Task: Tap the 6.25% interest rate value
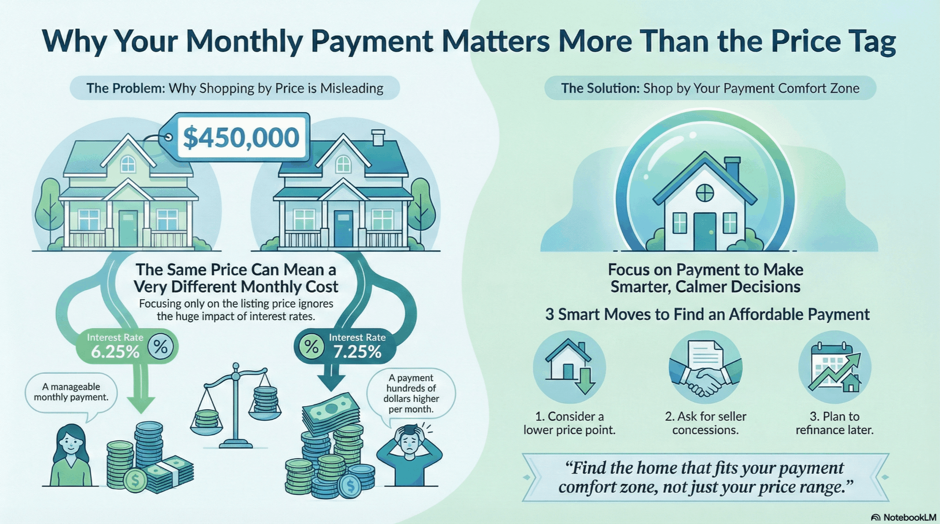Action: coord(115,352)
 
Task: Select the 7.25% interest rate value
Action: coord(357,352)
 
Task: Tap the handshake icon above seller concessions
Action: coord(705,367)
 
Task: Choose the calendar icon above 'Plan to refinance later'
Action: coord(835,367)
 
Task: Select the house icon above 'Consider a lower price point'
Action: coord(569,367)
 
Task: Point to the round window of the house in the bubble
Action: coord(705,193)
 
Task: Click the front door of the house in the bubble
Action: coord(705,231)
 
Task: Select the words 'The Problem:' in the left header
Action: coord(125,88)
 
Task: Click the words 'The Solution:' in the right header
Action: coord(600,88)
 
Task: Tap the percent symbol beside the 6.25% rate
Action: coord(161,347)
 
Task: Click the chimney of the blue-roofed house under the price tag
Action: coord(378,138)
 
